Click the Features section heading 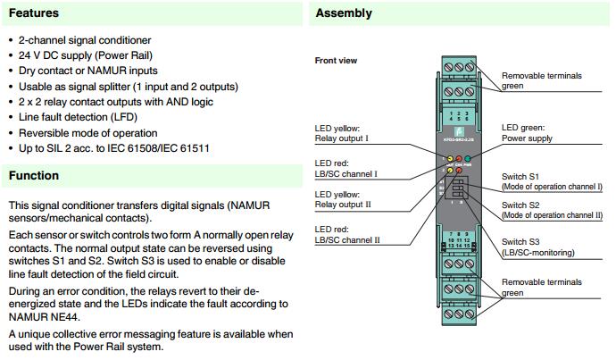[x=35, y=13]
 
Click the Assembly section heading [x=344, y=13]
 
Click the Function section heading [x=34, y=176]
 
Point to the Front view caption [x=337, y=61]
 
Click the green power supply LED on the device [x=466, y=158]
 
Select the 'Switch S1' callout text [x=520, y=178]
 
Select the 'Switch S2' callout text [x=520, y=205]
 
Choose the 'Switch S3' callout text [x=520, y=241]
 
